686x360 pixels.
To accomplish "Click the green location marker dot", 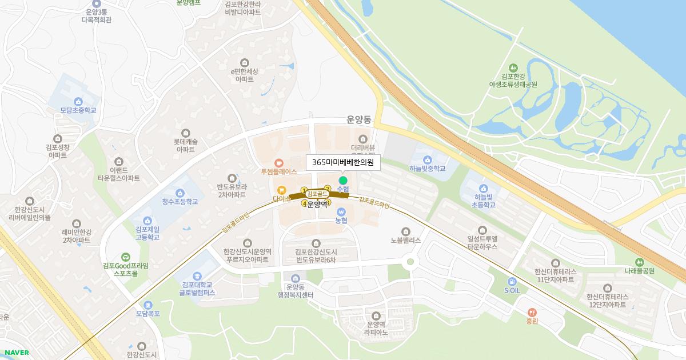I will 343,181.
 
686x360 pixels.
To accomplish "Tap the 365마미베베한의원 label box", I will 343,162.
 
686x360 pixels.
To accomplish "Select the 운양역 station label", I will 317,203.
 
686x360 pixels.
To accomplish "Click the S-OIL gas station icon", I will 512,281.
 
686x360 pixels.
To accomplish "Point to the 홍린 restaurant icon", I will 533,313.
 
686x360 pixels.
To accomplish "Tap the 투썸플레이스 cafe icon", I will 279,162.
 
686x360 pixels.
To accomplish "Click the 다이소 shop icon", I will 281,190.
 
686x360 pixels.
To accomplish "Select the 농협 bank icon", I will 341,211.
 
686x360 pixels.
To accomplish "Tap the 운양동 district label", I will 359,120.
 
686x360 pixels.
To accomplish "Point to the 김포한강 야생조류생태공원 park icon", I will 513,67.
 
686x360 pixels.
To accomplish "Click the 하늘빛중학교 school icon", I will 427,159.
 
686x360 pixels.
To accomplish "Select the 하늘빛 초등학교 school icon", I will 484,188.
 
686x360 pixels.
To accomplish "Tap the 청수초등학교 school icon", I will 180,193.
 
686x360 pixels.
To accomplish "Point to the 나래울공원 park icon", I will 639,262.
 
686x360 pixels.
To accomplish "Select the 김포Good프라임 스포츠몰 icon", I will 126,257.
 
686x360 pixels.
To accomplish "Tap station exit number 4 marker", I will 304,202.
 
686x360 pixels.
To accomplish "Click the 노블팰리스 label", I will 405,240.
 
